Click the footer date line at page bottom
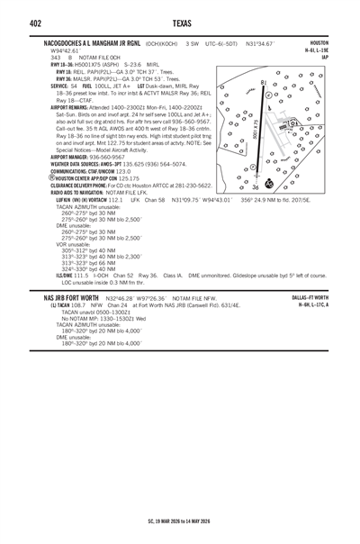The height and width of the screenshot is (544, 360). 180,521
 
